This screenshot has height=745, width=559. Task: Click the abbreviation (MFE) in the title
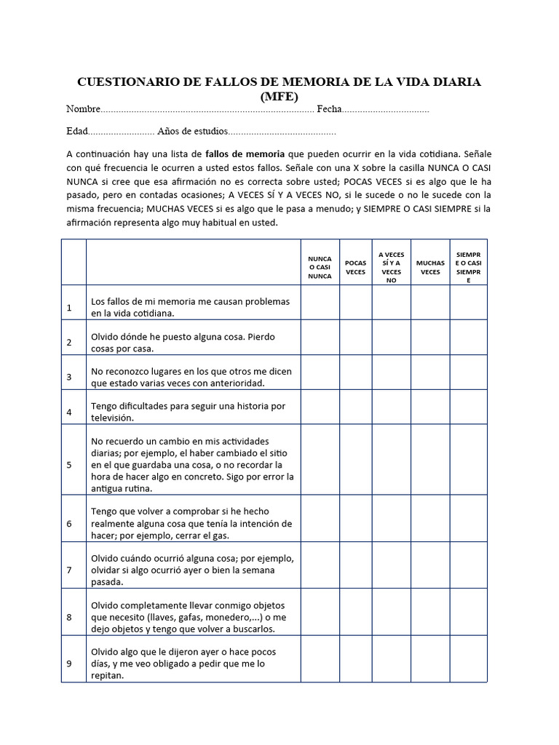279,96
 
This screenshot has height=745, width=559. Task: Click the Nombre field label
82,109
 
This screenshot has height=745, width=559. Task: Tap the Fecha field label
329,109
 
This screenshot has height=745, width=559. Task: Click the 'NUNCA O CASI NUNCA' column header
320,267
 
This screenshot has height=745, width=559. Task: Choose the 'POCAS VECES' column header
355,267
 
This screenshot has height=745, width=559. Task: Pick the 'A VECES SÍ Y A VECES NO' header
392,267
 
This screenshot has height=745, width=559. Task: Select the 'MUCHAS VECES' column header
430,267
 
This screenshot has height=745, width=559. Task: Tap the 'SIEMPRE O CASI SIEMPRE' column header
469,267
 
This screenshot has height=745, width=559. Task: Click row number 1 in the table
69,308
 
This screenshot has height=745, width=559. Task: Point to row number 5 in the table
69,465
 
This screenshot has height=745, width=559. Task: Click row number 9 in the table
69,664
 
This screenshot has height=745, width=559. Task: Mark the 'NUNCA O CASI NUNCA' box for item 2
320,338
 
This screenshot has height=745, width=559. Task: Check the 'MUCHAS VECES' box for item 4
430,407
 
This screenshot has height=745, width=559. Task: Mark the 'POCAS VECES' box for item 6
355,518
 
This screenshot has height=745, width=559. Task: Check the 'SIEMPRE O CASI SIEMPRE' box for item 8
469,612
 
